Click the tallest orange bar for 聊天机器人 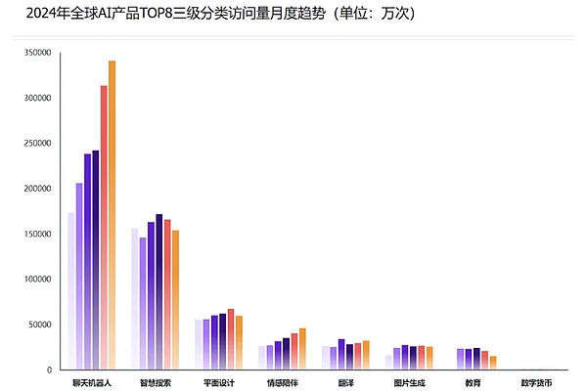[x=112, y=215]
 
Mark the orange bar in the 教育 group [x=493, y=363]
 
